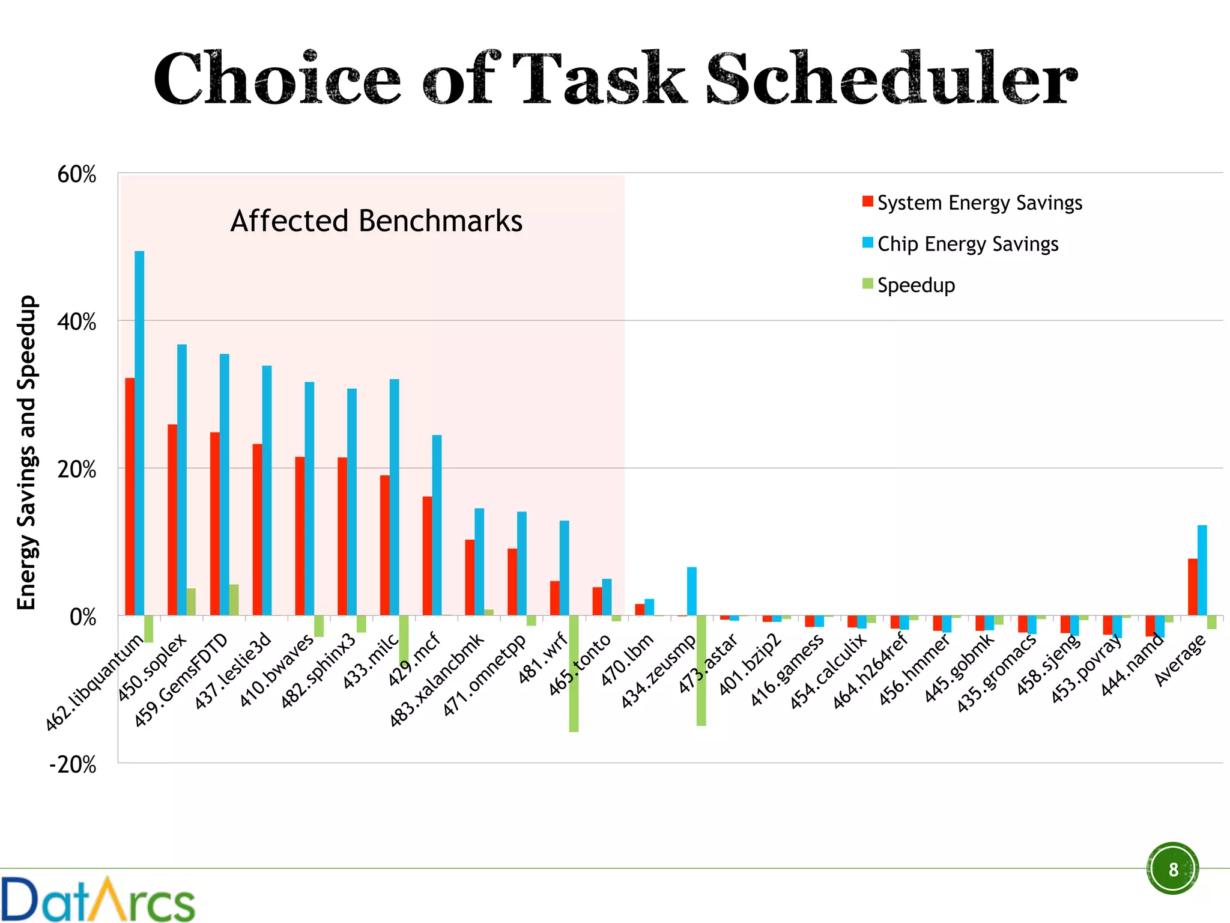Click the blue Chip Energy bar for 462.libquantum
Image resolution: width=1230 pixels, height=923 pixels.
pos(139,433)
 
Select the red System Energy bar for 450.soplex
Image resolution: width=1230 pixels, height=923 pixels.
pos(172,520)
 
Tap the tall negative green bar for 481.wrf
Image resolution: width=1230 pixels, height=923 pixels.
pos(574,673)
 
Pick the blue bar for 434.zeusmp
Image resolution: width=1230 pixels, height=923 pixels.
pos(692,591)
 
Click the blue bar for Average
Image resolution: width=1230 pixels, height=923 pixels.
pos(1202,570)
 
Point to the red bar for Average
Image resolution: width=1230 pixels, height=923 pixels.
pos(1192,587)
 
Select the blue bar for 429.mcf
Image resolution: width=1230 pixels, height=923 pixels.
pos(437,525)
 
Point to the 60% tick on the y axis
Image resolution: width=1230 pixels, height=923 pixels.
pos(77,174)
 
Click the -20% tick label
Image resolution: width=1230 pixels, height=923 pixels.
pos(73,765)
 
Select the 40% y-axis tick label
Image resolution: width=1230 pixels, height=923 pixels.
pos(77,322)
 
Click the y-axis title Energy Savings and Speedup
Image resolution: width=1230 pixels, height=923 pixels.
pos(26,452)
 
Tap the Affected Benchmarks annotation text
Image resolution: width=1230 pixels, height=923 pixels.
pos(377,221)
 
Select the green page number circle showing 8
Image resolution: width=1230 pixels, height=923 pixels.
pos(1172,869)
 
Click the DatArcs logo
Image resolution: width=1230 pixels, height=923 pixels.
pos(98,899)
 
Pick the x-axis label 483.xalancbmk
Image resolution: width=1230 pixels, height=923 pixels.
pos(437,679)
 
